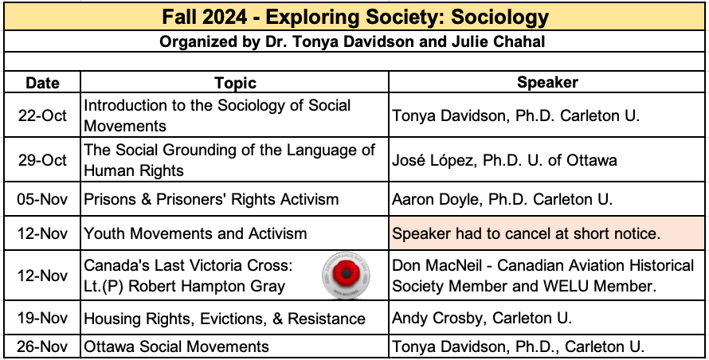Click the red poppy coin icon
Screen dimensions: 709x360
pos(346,275)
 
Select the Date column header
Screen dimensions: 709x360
pos(42,83)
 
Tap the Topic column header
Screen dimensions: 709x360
pos(235,83)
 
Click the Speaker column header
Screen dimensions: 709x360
pos(547,82)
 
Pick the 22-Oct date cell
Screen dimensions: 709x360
pos(42,115)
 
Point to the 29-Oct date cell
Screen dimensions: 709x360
pos(42,159)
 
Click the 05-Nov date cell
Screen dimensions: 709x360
pos(42,199)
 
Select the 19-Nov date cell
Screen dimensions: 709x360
pos(42,319)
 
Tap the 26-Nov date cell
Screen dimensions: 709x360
pos(42,347)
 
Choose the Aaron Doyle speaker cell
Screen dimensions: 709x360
pos(502,199)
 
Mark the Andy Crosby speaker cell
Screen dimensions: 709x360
pos(482,318)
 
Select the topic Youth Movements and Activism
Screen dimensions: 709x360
pos(195,233)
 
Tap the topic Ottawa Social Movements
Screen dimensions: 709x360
pos(176,347)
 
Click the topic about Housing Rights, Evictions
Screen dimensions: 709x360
pos(225,319)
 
